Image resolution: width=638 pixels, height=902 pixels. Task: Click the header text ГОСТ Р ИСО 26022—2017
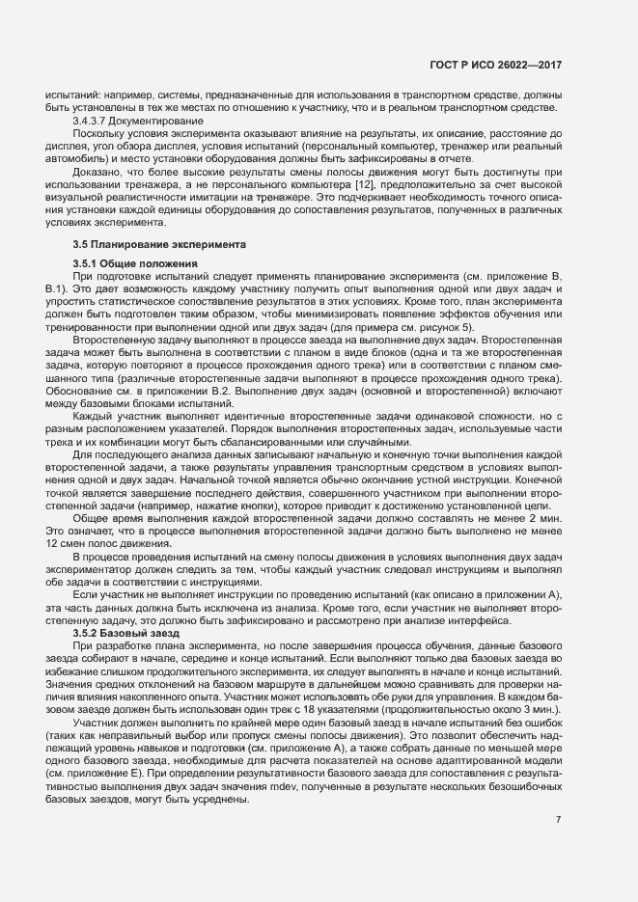[x=502, y=65]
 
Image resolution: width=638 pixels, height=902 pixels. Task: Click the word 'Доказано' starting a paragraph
[x=95, y=171]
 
